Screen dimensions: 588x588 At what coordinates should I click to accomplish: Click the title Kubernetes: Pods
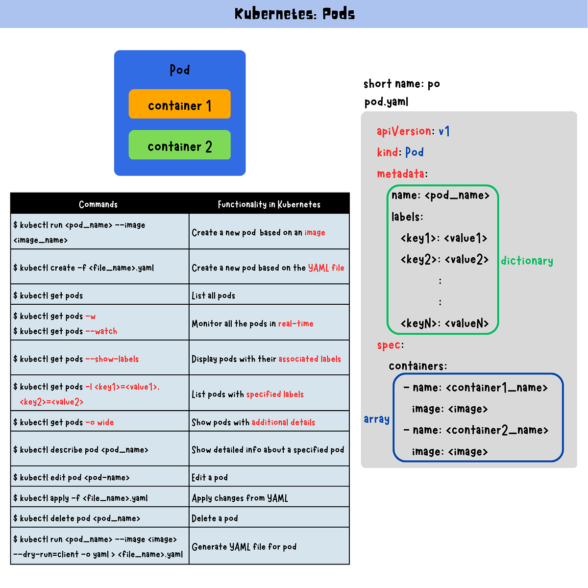click(294, 14)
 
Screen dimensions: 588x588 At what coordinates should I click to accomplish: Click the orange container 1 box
click(179, 104)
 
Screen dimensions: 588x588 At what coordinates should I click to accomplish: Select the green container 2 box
click(179, 145)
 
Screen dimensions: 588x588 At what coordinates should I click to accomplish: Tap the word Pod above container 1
click(180, 70)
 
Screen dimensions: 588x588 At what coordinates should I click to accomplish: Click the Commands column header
click(98, 204)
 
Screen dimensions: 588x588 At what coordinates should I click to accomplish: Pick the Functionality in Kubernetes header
click(269, 204)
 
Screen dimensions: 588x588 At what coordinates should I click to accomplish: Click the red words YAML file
click(326, 268)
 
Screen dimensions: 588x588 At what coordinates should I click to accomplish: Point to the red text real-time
click(296, 323)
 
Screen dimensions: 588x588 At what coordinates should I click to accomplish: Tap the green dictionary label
click(527, 261)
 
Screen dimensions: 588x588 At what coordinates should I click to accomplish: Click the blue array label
click(376, 419)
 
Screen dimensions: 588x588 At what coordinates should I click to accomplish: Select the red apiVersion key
click(404, 131)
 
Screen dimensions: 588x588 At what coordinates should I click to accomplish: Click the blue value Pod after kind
click(415, 152)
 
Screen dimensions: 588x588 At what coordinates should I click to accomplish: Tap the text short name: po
click(402, 84)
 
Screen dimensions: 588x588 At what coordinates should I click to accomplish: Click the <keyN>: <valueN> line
click(444, 323)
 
